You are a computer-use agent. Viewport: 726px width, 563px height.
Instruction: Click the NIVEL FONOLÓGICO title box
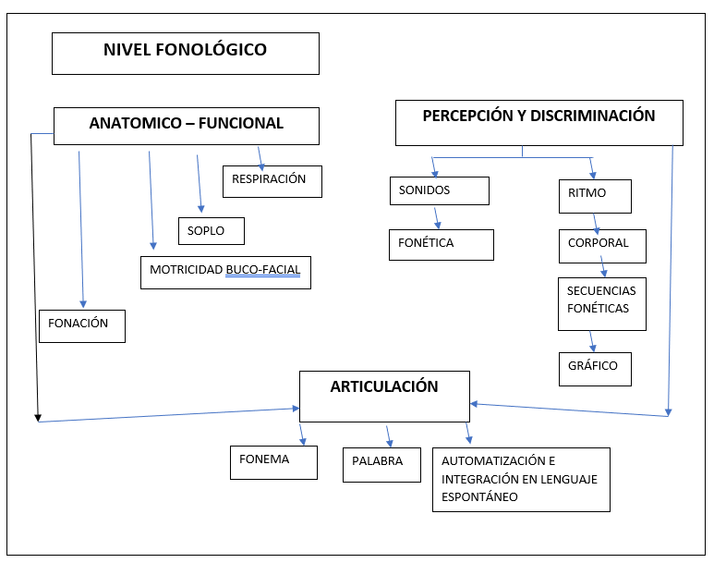[185, 54]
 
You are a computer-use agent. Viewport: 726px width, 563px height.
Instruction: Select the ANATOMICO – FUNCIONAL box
[186, 126]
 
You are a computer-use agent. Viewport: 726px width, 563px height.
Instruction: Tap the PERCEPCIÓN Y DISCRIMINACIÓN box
[538, 123]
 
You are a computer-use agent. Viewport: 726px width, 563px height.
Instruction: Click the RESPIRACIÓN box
[272, 180]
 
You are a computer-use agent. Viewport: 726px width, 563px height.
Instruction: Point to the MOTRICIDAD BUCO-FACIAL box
[225, 272]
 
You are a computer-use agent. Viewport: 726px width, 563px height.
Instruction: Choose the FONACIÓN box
[81, 325]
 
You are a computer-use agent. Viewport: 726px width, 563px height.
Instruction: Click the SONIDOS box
[439, 190]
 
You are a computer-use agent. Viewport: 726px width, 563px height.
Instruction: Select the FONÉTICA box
[441, 244]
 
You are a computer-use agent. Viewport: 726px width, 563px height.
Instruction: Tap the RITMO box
[595, 196]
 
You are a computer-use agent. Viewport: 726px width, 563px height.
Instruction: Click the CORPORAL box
[601, 245]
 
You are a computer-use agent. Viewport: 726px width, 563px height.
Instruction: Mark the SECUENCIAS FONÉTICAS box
[601, 303]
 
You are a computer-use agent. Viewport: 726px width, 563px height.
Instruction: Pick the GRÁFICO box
[595, 367]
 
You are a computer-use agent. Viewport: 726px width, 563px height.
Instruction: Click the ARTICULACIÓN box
[384, 396]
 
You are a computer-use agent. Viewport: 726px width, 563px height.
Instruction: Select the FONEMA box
[272, 461]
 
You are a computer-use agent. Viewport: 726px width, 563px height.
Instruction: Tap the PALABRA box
[380, 463]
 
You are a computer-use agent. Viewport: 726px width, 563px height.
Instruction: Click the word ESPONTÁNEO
[479, 496]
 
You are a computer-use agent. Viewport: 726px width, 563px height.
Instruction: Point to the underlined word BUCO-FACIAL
[263, 272]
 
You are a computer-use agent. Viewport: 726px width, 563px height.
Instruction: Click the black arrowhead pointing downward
[38, 418]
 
